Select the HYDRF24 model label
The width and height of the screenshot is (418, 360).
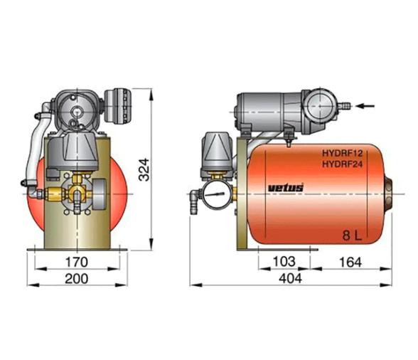coord(346,164)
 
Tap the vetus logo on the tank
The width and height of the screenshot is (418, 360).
coord(286,187)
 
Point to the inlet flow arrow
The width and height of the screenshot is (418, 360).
coord(365,107)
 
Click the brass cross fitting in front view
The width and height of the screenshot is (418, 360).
coord(74,194)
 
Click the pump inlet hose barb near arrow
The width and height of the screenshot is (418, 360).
coord(346,107)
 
